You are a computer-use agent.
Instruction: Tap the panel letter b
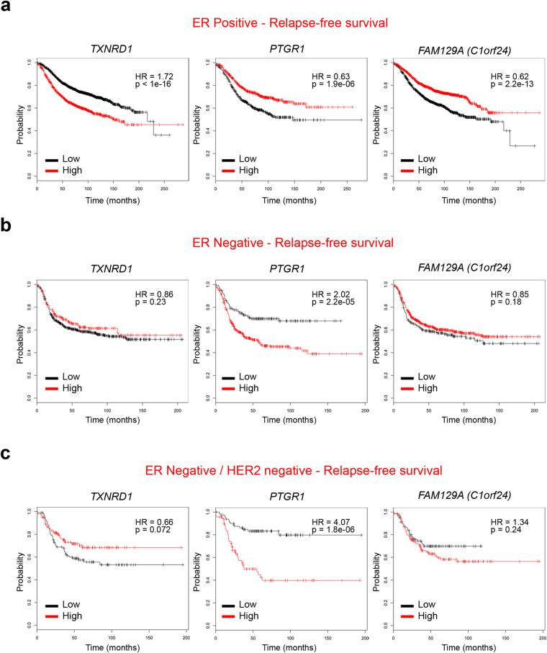[7, 227]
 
